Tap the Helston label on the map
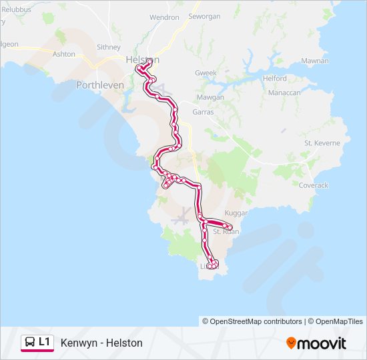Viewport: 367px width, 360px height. (x=142, y=60)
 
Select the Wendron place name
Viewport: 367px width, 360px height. (x=164, y=17)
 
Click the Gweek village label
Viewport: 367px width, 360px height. (x=206, y=73)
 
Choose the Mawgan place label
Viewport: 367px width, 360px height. (x=211, y=97)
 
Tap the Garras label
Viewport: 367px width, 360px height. (x=203, y=112)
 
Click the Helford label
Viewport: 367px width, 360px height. (x=275, y=78)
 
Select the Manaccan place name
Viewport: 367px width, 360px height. (x=284, y=93)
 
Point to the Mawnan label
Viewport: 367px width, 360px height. (x=315, y=61)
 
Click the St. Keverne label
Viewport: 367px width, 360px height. (x=322, y=143)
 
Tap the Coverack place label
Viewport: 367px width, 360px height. (x=313, y=185)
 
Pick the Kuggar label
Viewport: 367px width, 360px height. (x=236, y=213)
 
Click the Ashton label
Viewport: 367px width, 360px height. (x=64, y=54)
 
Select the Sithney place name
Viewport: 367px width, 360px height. (x=108, y=47)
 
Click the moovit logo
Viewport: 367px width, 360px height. (x=316, y=343)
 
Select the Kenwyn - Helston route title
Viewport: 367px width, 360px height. (x=101, y=343)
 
